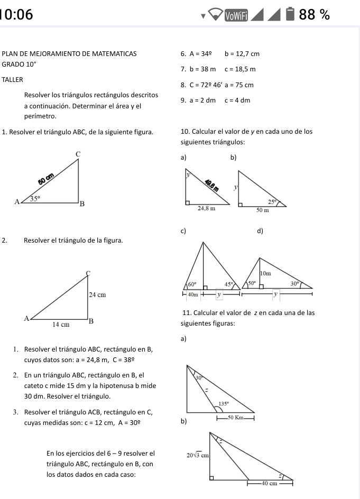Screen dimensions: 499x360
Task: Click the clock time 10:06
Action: tap(16, 15)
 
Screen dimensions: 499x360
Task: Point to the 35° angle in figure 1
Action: tap(34, 199)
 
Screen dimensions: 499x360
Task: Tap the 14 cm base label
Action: tap(61, 325)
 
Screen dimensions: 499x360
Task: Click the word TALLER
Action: tap(13, 79)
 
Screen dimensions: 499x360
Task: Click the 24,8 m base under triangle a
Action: tap(206, 208)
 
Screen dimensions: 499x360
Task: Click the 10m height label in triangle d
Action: tap(265, 273)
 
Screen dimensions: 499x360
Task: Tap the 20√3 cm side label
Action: tap(198, 454)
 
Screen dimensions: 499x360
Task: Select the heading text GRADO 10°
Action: tap(19, 63)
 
